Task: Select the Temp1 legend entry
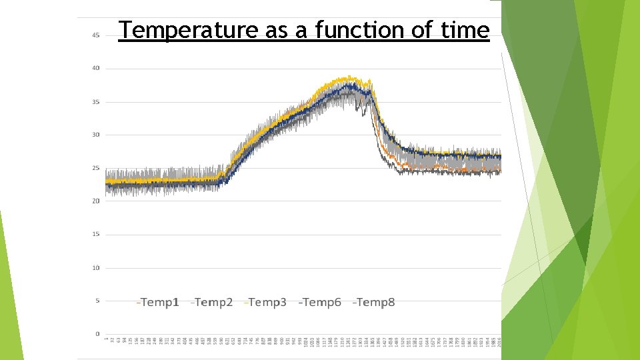(x=158, y=303)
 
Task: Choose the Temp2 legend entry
(x=212, y=303)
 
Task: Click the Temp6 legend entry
(x=320, y=303)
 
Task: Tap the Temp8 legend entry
(x=374, y=303)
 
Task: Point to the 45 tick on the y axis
(x=96, y=35)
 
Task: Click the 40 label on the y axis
(x=96, y=68)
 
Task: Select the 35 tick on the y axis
(x=96, y=102)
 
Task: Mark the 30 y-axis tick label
(x=96, y=135)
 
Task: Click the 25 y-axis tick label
(x=96, y=168)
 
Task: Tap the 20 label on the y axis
(x=96, y=201)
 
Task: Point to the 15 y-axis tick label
(x=96, y=234)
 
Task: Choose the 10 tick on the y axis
(x=96, y=268)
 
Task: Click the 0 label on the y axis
(x=97, y=334)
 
